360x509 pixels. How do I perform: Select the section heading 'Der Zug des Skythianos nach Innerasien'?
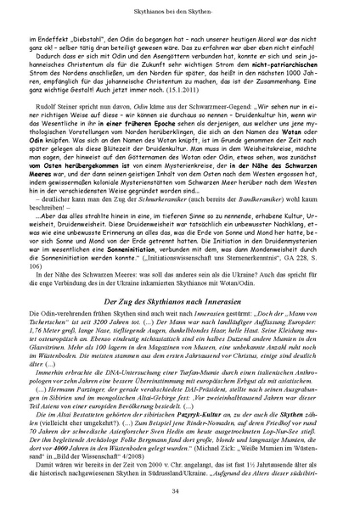(180, 278)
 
